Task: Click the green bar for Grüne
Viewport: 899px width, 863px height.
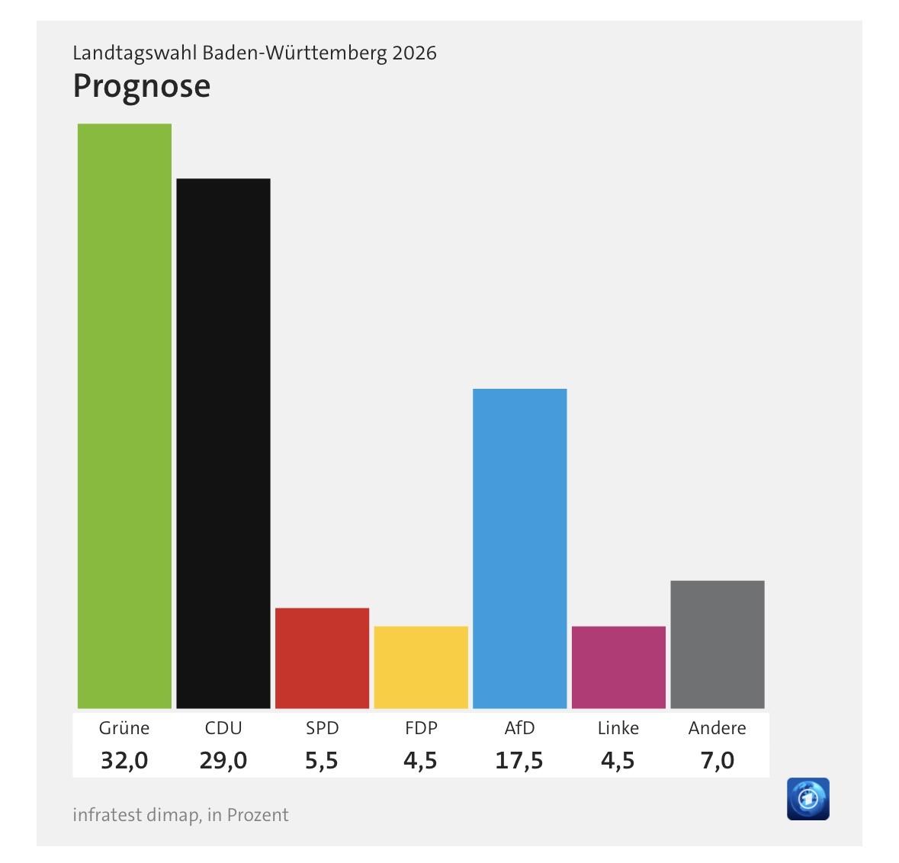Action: coord(124,415)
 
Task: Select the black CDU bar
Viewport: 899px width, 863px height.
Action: coord(223,443)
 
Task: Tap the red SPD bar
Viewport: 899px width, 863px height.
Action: coord(322,658)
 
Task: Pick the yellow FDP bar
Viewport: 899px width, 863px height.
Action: coord(421,667)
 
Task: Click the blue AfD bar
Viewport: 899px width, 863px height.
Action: coord(519,548)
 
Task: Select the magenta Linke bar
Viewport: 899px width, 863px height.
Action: coord(618,667)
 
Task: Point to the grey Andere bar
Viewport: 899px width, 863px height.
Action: coord(717,644)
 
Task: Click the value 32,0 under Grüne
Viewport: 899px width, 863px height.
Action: coord(124,760)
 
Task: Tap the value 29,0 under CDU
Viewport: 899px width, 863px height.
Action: coord(223,760)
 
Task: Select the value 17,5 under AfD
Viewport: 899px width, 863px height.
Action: coord(519,760)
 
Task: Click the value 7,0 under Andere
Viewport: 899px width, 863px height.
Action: coord(717,760)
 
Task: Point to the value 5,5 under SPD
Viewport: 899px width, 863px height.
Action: coord(322,760)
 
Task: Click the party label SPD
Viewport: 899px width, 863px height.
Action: coord(322,728)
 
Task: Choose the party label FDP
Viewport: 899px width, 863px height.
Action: coord(421,728)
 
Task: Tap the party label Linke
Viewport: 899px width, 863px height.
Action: coord(618,728)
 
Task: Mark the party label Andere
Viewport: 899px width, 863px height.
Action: coord(717,728)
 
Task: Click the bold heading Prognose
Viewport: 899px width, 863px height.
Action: coord(141,86)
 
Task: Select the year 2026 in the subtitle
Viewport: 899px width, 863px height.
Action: coord(414,53)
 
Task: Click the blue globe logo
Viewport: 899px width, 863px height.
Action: coord(807,799)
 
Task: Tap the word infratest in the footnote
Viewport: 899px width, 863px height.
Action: coord(107,815)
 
